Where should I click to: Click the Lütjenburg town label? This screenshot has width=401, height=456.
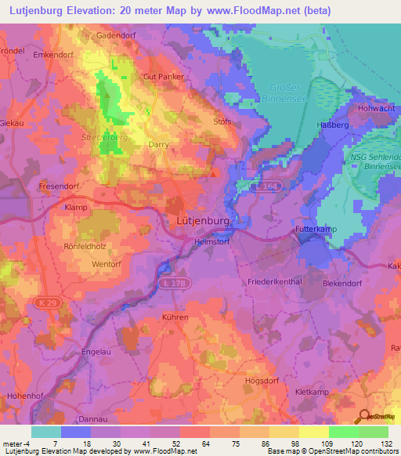200,223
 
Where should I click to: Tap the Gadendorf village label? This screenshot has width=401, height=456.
117,36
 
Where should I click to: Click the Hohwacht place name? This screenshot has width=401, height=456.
378,108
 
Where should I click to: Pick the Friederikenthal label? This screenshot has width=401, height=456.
275,281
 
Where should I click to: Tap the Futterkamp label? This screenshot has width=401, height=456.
316,229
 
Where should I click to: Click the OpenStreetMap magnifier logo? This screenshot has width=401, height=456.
363,417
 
